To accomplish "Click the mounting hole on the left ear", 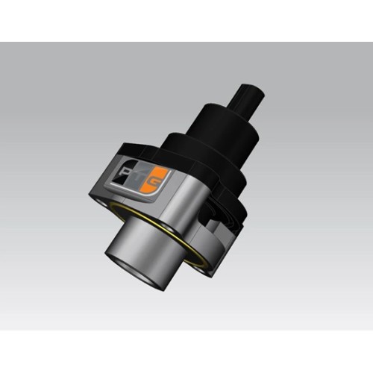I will (98, 195).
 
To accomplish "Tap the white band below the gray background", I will (186, 351).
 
